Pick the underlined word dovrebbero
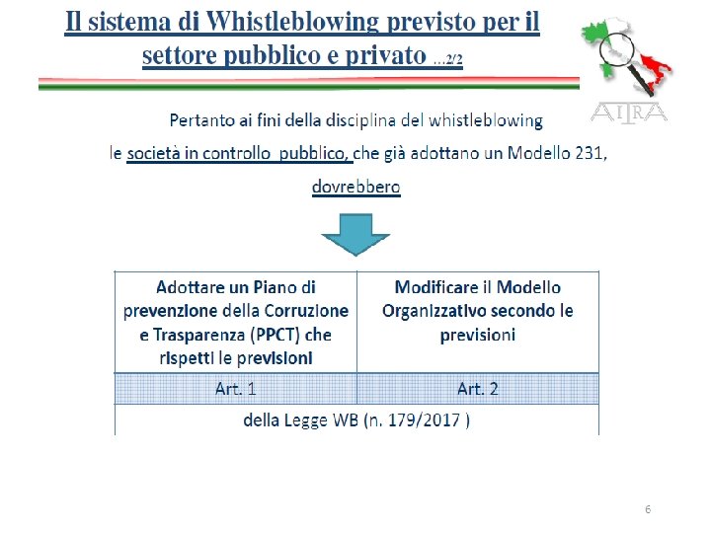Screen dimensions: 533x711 click(355, 186)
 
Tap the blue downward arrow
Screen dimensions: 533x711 click(355, 237)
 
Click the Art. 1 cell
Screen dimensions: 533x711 click(235, 388)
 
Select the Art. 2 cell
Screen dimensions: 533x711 click(478, 388)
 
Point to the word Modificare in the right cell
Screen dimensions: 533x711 click(436, 288)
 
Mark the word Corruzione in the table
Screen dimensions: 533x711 click(302, 311)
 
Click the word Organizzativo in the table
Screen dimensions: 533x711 click(434, 311)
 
